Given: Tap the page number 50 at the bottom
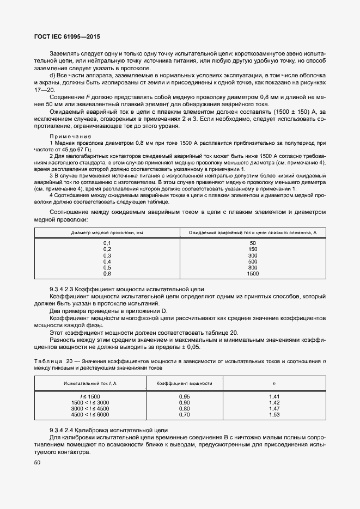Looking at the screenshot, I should (38, 463).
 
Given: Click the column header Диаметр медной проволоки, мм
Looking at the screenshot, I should (107, 232).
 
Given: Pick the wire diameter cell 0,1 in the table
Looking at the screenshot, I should (107, 243).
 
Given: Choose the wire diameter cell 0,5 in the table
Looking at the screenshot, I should (107, 267).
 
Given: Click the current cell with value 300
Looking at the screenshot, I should (252, 255).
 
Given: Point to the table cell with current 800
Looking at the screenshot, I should (252, 267).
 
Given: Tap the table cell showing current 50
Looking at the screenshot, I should (252, 243).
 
